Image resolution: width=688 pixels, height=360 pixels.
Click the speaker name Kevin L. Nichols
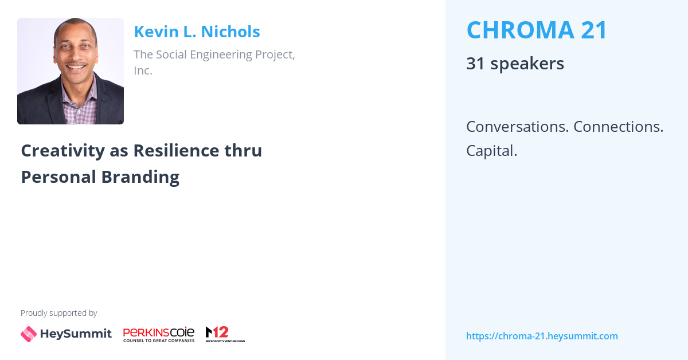(x=197, y=32)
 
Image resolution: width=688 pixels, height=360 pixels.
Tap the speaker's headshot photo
(x=71, y=71)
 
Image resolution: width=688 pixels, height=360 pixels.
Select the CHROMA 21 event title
(x=537, y=30)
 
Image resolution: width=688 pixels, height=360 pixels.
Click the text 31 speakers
(x=515, y=64)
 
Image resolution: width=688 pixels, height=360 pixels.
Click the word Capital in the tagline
(x=491, y=151)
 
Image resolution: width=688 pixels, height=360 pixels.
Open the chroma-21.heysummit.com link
(x=542, y=336)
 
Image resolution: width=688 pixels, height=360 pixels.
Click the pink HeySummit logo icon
(x=29, y=334)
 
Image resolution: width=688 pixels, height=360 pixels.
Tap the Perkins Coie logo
(x=159, y=334)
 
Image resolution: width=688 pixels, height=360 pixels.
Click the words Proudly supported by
(x=58, y=313)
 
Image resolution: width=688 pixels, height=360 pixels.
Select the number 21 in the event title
(x=593, y=30)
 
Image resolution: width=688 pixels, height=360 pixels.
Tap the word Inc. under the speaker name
(x=143, y=71)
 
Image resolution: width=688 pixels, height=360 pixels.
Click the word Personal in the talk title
(x=58, y=177)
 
